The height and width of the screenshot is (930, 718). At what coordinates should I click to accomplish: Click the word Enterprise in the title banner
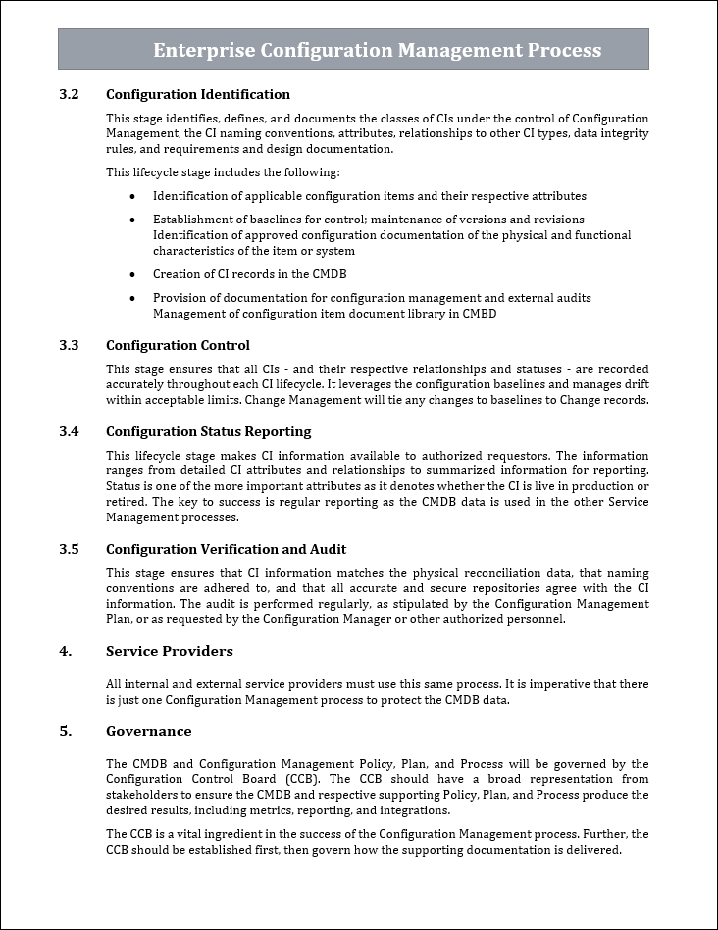pos(203,50)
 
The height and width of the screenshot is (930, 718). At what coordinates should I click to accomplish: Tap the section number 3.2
pos(69,95)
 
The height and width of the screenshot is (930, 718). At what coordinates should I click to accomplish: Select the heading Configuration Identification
pos(197,95)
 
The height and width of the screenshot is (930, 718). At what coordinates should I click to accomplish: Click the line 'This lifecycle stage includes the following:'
pos(223,172)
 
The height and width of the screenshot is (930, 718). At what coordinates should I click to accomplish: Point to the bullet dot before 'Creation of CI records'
pos(132,274)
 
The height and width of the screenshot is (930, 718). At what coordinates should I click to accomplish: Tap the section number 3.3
pos(69,345)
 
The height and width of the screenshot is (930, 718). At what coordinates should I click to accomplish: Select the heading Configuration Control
pos(178,345)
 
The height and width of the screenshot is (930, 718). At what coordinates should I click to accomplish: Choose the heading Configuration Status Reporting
pos(208,431)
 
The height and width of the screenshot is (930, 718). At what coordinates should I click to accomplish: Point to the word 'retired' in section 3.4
pos(126,502)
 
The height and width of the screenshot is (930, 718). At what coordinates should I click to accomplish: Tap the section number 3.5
pos(69,549)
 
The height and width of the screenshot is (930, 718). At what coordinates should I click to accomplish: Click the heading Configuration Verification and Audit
pos(226,549)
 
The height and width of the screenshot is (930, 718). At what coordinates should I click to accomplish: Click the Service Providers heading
pos(169,651)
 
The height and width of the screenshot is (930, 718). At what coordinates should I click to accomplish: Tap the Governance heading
pos(148,731)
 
